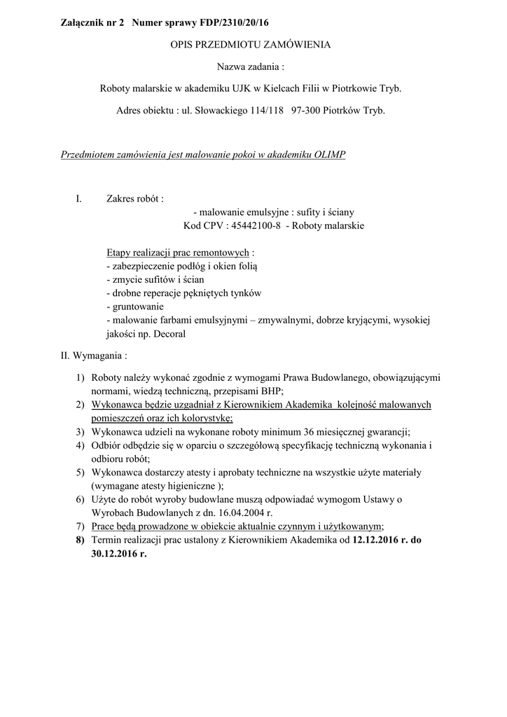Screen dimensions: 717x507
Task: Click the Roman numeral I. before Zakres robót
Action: (79, 199)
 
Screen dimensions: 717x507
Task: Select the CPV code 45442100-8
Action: (255, 225)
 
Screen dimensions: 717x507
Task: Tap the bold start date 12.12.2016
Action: (379, 540)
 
